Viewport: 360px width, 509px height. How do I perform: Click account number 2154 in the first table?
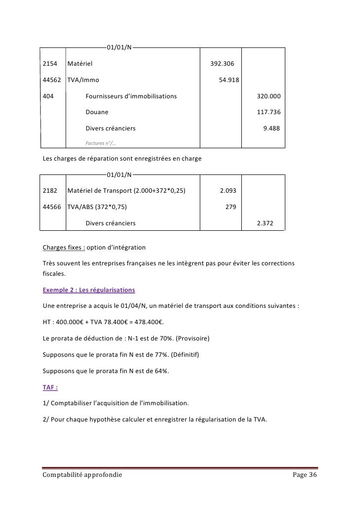click(50, 64)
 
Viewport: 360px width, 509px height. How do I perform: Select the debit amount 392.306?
click(223, 64)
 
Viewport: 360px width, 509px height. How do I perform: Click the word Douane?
click(97, 112)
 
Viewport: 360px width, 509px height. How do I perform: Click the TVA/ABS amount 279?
click(230, 207)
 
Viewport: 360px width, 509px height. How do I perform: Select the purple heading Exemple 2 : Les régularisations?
click(89, 289)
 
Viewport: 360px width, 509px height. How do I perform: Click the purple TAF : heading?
click(51, 387)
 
